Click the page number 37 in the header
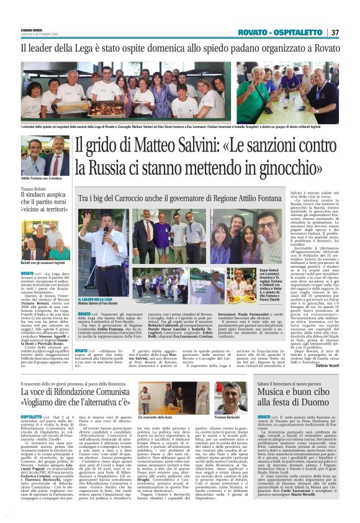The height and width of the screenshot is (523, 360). click(335, 32)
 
